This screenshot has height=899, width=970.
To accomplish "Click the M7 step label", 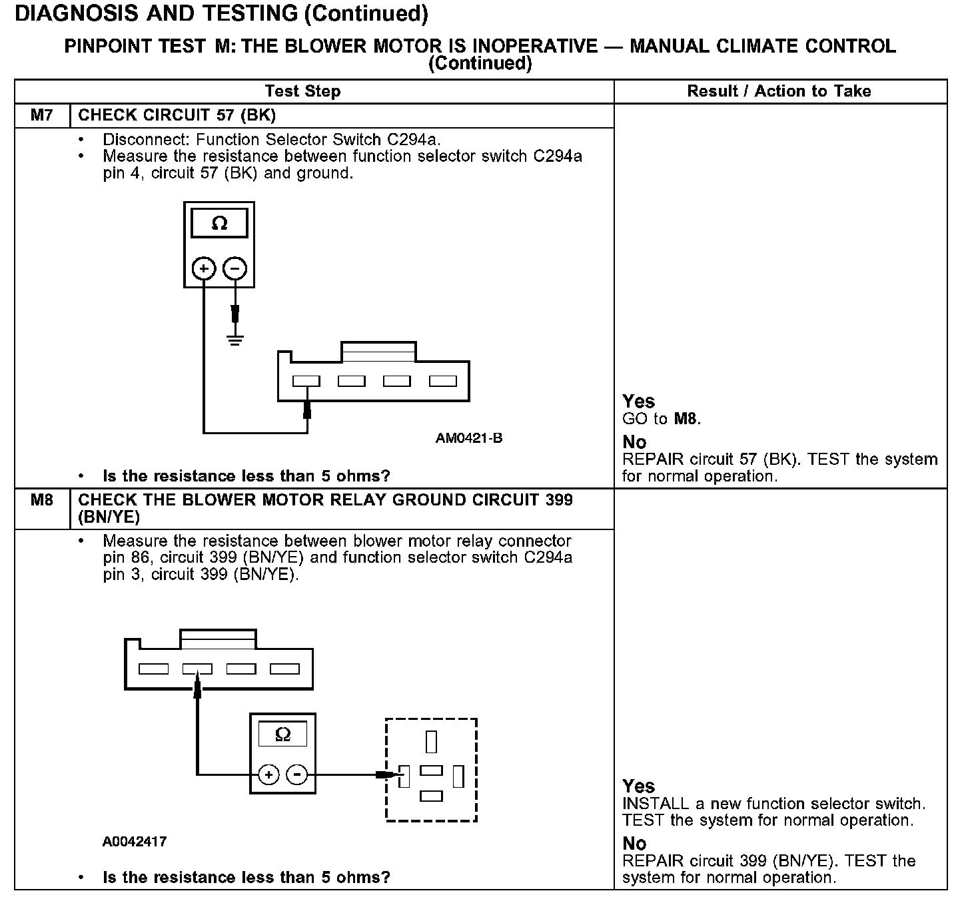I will click(x=41, y=115).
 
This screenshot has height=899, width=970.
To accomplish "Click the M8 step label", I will click(x=41, y=499).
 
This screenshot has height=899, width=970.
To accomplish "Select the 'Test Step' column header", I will click(x=302, y=91).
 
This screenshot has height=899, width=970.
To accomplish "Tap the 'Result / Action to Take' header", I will click(x=779, y=91).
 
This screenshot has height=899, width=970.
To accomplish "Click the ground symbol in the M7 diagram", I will click(x=235, y=339).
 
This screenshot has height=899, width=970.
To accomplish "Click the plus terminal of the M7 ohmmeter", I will click(x=204, y=268).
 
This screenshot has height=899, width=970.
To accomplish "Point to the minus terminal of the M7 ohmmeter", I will click(x=235, y=268).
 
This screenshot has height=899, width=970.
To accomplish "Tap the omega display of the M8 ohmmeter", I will click(x=282, y=735).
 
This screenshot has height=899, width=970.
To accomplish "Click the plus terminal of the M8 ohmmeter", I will click(x=268, y=774).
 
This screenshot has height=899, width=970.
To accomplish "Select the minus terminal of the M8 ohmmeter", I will click(x=297, y=774).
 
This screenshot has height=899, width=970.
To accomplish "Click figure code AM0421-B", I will click(x=469, y=438).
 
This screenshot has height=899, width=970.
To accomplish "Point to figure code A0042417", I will click(x=135, y=841).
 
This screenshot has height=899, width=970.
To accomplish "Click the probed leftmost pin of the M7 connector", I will click(x=306, y=381).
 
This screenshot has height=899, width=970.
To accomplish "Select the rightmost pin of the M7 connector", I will click(x=442, y=381).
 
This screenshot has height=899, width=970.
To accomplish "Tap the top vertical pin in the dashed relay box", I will click(x=431, y=741).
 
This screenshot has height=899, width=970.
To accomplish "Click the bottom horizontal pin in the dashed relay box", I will click(x=432, y=795).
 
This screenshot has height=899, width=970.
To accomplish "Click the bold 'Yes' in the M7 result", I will click(x=638, y=401).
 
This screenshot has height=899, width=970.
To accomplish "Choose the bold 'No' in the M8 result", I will click(x=634, y=844).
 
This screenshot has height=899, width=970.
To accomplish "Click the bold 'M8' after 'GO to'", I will click(x=686, y=419).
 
